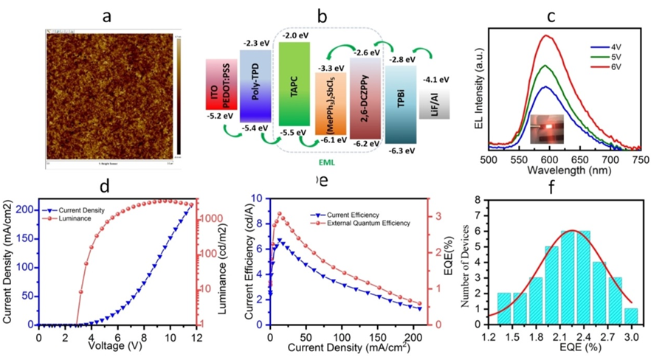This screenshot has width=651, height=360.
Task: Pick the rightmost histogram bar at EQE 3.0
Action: [x=632, y=315]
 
